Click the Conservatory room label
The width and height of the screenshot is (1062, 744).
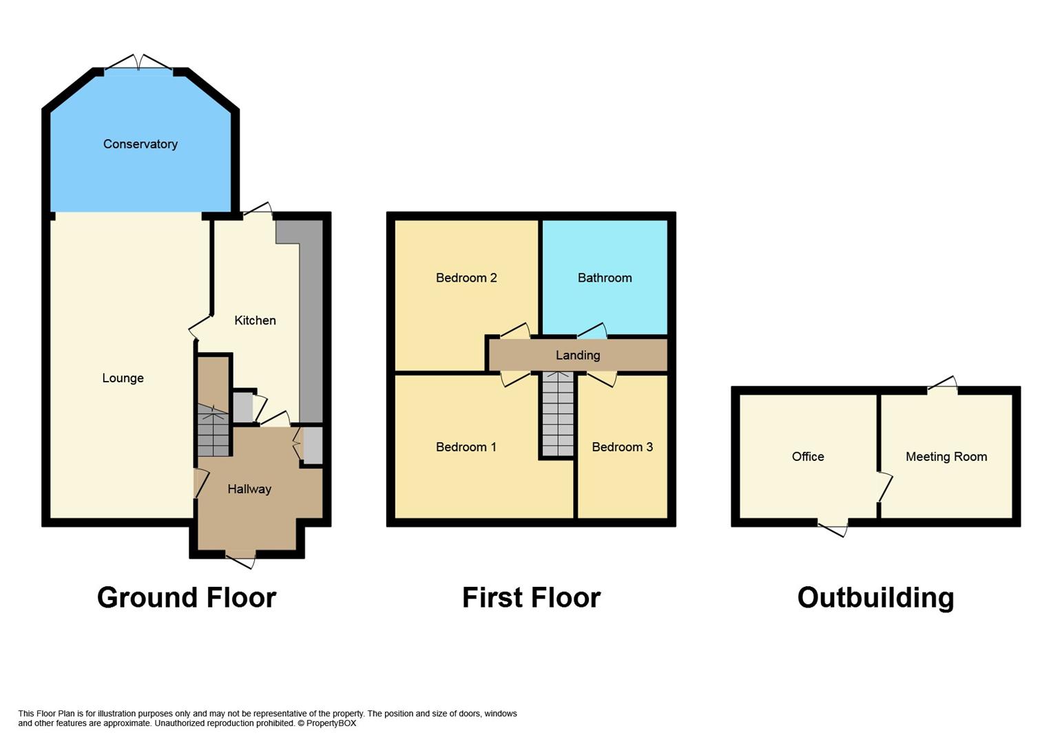(140, 144)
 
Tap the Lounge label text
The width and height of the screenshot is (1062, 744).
(123, 378)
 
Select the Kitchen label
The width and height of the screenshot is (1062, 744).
(255, 320)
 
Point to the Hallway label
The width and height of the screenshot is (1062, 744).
(249, 489)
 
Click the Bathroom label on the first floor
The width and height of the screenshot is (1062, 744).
(605, 278)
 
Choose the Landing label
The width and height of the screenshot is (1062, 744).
(578, 355)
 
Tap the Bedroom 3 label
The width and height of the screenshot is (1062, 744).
(622, 447)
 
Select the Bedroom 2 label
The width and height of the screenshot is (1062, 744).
(466, 278)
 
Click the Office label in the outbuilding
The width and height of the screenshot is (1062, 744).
(808, 457)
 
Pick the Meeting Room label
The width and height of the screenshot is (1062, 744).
(946, 457)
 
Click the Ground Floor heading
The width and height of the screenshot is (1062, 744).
(187, 597)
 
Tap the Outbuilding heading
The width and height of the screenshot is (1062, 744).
(875, 597)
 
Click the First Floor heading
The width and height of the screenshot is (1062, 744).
(531, 597)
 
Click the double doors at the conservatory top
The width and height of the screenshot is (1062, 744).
(139, 63)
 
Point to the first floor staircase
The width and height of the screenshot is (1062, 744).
(557, 414)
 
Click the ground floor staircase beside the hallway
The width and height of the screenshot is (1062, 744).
(214, 431)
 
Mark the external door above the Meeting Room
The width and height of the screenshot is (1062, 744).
(942, 386)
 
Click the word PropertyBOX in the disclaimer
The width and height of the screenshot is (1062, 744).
(331, 723)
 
